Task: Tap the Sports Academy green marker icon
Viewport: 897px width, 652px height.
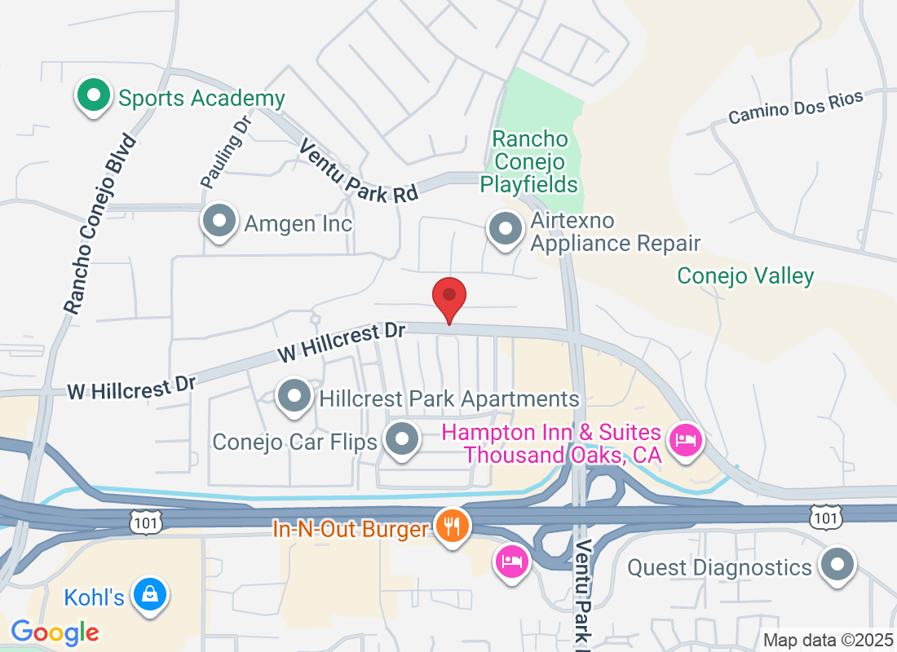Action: pos(94,96)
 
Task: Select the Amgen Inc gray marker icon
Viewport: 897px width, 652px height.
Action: pos(219,222)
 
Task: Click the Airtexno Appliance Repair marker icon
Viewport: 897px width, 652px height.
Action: pos(505,229)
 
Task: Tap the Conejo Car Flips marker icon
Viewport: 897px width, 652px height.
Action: pos(401,440)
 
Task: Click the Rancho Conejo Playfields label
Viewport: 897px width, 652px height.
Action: pos(529,161)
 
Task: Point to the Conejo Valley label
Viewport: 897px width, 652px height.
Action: pos(745,276)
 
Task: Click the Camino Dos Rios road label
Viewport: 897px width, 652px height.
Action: pos(795,108)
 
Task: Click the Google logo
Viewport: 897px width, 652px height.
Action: pos(55,632)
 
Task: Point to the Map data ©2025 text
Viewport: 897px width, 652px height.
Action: pos(827,640)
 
